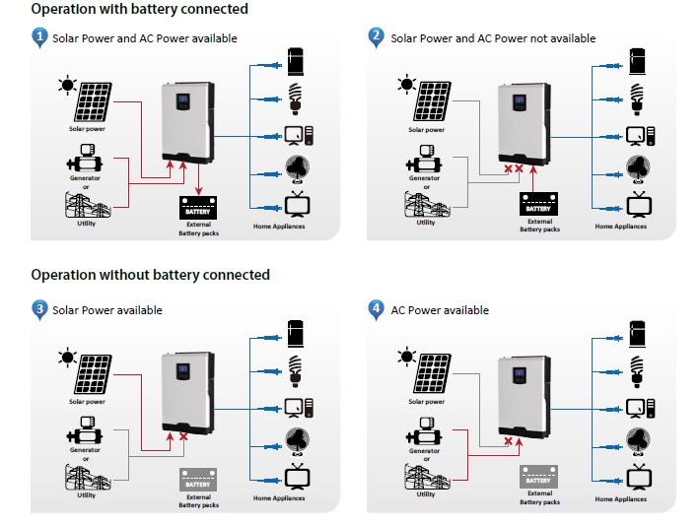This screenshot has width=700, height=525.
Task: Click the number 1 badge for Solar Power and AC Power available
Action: (x=39, y=37)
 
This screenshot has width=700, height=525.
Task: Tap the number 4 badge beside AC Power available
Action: (x=377, y=309)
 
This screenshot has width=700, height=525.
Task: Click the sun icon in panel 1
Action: (x=67, y=85)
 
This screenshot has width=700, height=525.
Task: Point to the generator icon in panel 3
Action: (x=85, y=430)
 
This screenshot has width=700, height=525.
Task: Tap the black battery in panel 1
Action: (x=197, y=209)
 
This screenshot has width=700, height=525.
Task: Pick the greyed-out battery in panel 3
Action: (x=197, y=481)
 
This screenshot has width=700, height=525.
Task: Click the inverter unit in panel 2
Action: (x=525, y=123)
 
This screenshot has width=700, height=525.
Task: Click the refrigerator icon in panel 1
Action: (x=294, y=60)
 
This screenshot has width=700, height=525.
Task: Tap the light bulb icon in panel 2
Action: (x=636, y=97)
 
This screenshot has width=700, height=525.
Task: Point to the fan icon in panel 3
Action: (x=295, y=440)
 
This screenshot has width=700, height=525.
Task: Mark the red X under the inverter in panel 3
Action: (x=182, y=436)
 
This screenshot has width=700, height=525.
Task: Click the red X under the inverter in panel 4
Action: (x=509, y=441)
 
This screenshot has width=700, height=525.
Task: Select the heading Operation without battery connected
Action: (x=150, y=275)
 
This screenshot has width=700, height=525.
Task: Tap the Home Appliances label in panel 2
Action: (x=621, y=227)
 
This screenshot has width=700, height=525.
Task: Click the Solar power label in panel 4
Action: (x=427, y=402)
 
